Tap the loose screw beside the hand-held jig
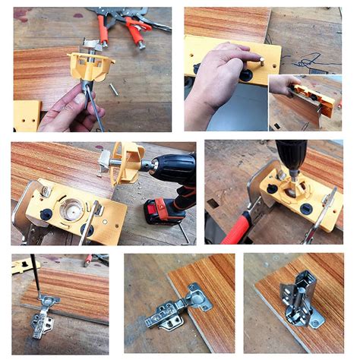[113, 89]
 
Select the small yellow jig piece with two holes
[27, 115]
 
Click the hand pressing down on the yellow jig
[217, 76]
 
